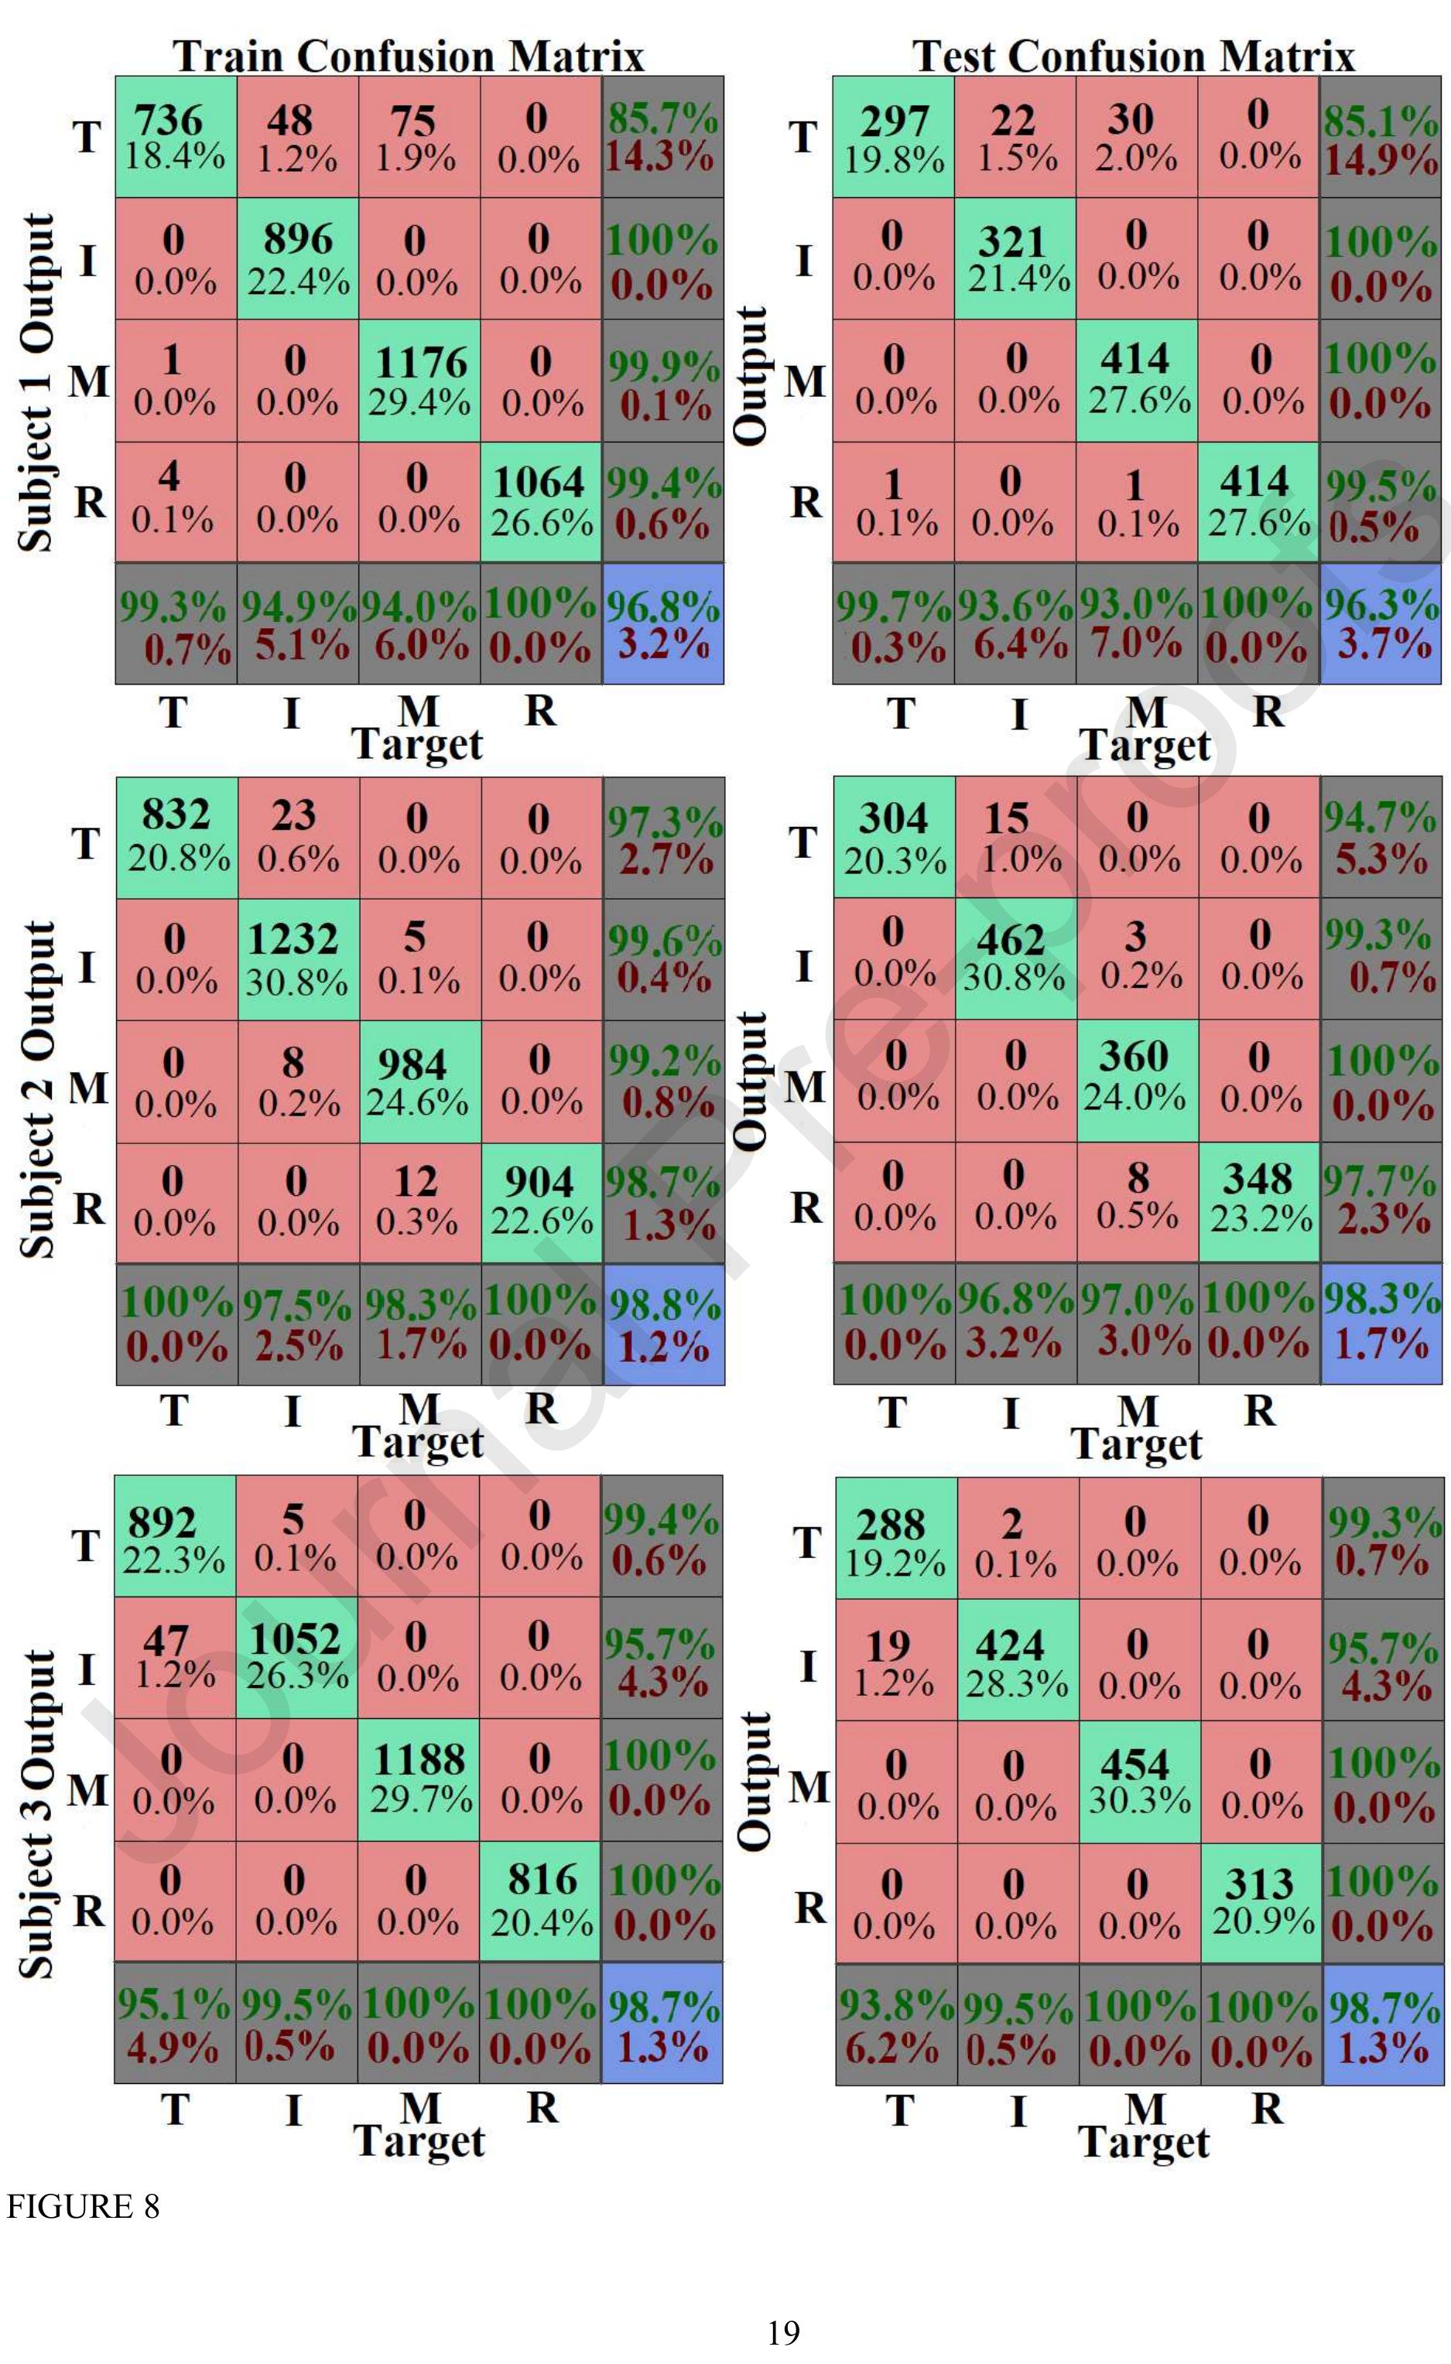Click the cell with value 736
(176, 136)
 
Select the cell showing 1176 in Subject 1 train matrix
(419, 380)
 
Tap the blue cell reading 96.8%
(662, 623)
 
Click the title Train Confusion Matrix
(409, 56)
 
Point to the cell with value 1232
(297, 958)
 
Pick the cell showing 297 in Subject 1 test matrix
(894, 136)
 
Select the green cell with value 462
(1015, 958)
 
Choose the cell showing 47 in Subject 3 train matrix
(175, 1657)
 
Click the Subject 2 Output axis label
(39, 1089)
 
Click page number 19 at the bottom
(784, 2332)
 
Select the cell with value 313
(1260, 1901)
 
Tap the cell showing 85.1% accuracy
(1380, 136)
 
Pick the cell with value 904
(541, 1201)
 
